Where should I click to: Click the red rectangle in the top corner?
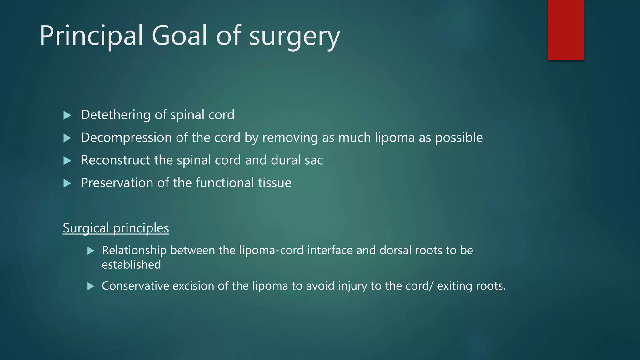point(566,30)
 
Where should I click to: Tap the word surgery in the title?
point(294,37)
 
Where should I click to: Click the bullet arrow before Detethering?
point(67,115)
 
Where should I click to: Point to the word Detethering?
point(116,115)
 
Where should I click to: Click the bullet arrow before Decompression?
point(67,138)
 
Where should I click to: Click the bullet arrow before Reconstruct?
point(67,161)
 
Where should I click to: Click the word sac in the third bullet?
point(314,160)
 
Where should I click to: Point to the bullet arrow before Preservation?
point(67,183)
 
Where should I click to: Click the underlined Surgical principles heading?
point(116,228)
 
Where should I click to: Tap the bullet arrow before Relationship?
point(91,251)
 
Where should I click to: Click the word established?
point(131,265)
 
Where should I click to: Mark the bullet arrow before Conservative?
point(91,286)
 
